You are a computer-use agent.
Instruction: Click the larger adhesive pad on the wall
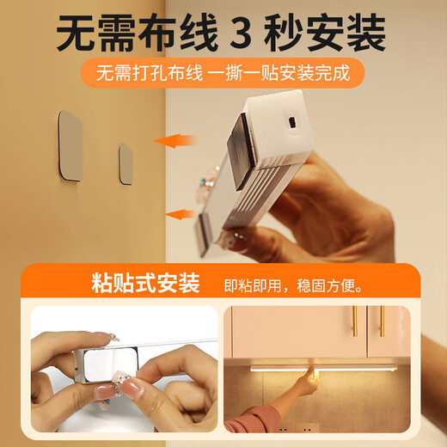[70, 145]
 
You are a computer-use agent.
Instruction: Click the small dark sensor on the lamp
[291, 123]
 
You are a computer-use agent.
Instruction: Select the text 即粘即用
[253, 283]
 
